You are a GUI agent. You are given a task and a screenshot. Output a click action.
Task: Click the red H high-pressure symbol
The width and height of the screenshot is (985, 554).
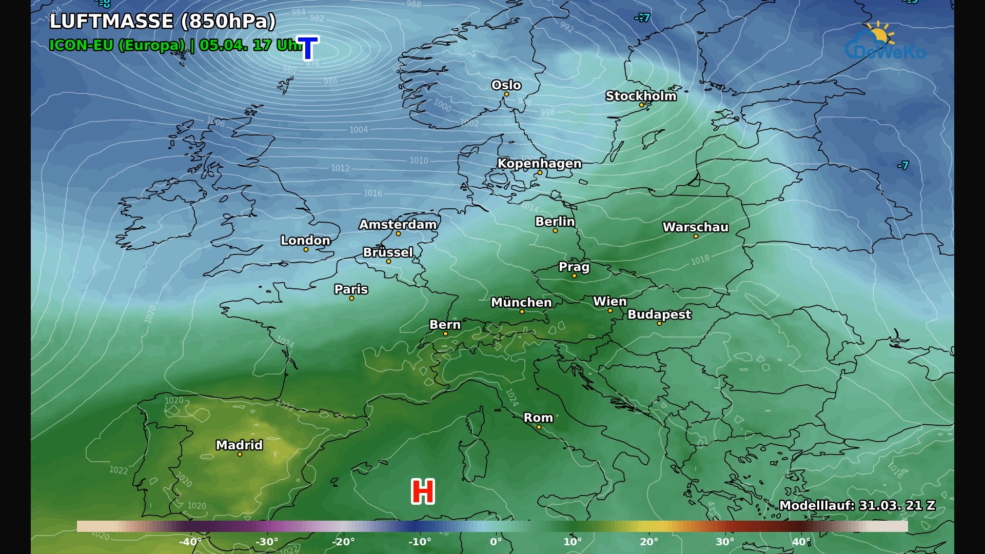(423, 491)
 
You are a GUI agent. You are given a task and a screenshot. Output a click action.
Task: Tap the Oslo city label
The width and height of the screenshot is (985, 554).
(506, 85)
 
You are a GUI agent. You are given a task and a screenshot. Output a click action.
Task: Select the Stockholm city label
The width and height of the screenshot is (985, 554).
(641, 96)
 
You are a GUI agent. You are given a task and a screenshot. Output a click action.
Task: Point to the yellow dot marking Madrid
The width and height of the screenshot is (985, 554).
(240, 454)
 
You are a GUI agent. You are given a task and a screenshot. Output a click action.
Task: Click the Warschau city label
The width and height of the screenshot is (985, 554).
(695, 227)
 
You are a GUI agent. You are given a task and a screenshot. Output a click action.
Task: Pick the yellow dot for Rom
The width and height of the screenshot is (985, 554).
(539, 427)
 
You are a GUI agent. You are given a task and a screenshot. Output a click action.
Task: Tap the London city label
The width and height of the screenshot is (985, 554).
(305, 240)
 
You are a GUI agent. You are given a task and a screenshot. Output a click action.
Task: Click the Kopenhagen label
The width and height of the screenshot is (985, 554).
(539, 164)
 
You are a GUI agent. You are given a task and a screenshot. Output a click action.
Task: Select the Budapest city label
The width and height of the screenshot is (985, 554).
(659, 314)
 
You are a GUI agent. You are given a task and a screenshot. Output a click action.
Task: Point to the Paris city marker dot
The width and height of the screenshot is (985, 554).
(351, 298)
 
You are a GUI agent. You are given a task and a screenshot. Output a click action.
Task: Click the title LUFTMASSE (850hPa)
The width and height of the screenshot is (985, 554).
(163, 22)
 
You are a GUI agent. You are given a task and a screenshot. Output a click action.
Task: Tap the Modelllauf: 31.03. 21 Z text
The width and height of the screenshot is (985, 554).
(857, 506)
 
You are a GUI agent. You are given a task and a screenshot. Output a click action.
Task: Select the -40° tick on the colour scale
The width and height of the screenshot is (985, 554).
(190, 542)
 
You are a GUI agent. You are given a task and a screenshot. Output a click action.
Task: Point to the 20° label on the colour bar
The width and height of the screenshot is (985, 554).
(649, 542)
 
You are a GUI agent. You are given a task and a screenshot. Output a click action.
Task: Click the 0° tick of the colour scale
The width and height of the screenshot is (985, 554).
(496, 542)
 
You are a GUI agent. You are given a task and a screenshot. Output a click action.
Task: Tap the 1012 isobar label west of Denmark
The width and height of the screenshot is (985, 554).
(340, 168)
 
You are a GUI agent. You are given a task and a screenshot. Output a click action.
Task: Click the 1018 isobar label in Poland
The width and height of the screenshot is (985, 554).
(700, 260)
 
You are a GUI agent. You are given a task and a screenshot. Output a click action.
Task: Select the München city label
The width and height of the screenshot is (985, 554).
(521, 303)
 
